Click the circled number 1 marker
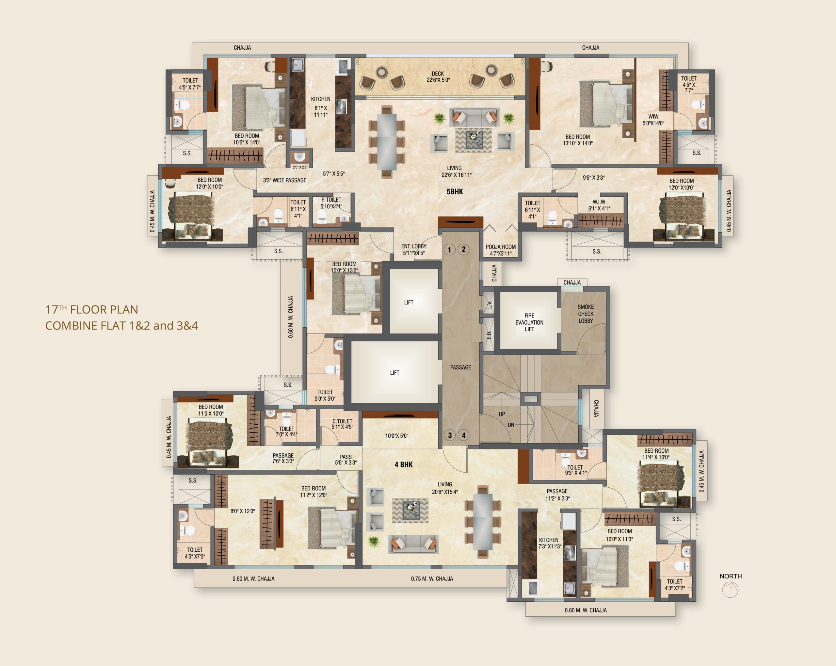(449, 250)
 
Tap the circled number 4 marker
(464, 435)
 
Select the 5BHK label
(455, 192)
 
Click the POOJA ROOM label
(501, 247)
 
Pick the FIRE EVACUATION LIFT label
(529, 322)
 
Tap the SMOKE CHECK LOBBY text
(586, 314)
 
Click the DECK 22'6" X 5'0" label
(438, 77)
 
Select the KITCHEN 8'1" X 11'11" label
(321, 107)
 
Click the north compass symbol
(731, 590)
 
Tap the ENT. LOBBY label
(414, 246)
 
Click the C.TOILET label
(342, 421)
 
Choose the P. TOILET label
(331, 200)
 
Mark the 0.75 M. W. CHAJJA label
(432, 579)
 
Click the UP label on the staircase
(502, 414)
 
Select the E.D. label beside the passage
(489, 335)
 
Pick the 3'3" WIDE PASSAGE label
(285, 180)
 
